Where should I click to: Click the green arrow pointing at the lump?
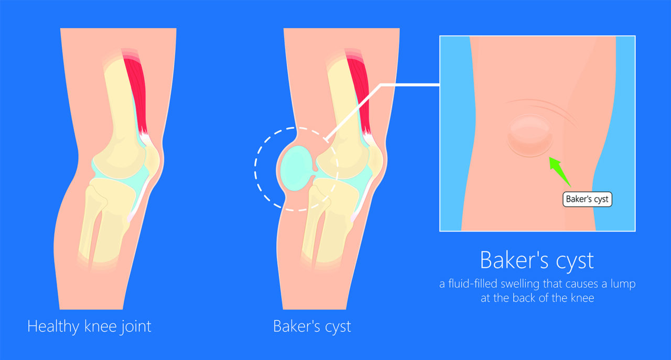click(x=559, y=172)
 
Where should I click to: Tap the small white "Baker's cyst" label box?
click(x=587, y=199)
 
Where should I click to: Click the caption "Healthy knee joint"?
click(x=89, y=326)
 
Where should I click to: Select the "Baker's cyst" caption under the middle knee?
click(x=312, y=326)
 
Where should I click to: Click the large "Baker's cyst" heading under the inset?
click(x=537, y=260)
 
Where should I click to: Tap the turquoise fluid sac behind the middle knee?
click(x=297, y=168)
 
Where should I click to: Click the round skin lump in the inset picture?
click(x=530, y=135)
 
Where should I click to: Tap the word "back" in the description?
click(x=524, y=298)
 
